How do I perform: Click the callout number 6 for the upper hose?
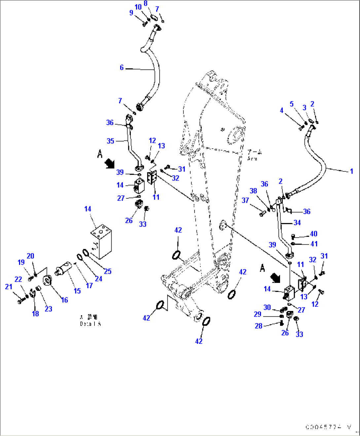point(122,67)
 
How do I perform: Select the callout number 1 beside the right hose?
point(351,171)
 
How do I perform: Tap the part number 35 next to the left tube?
point(110,141)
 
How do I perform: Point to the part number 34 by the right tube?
point(297,223)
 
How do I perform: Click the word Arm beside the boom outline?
point(252,159)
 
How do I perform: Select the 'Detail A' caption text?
point(90,324)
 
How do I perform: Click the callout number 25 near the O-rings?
point(108,271)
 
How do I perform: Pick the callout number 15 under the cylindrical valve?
point(77,291)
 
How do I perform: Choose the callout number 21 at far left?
point(9,287)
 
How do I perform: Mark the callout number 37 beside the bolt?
point(245,200)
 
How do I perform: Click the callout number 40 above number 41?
point(313,234)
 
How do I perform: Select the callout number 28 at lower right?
point(258,326)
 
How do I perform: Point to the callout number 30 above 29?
point(267,308)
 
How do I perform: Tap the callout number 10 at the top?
point(138,7)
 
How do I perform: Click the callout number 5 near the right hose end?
point(291,104)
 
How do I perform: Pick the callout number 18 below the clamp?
point(35,314)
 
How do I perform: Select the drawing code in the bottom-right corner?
point(329,427)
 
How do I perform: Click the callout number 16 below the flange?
point(64,300)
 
